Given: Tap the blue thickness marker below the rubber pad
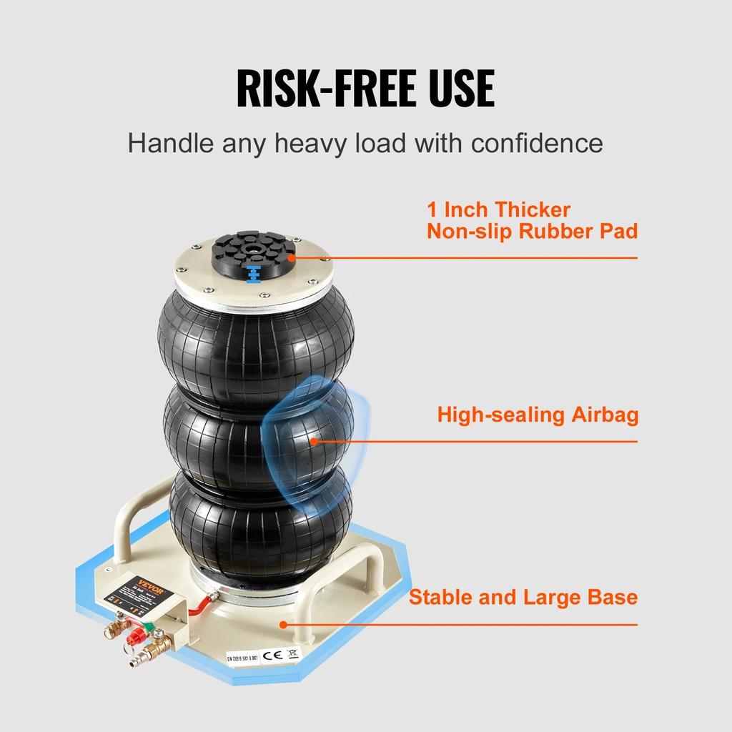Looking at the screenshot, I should click(251, 274).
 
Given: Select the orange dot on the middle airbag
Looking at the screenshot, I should click(313, 440).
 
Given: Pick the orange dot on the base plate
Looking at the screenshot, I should click(285, 623).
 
